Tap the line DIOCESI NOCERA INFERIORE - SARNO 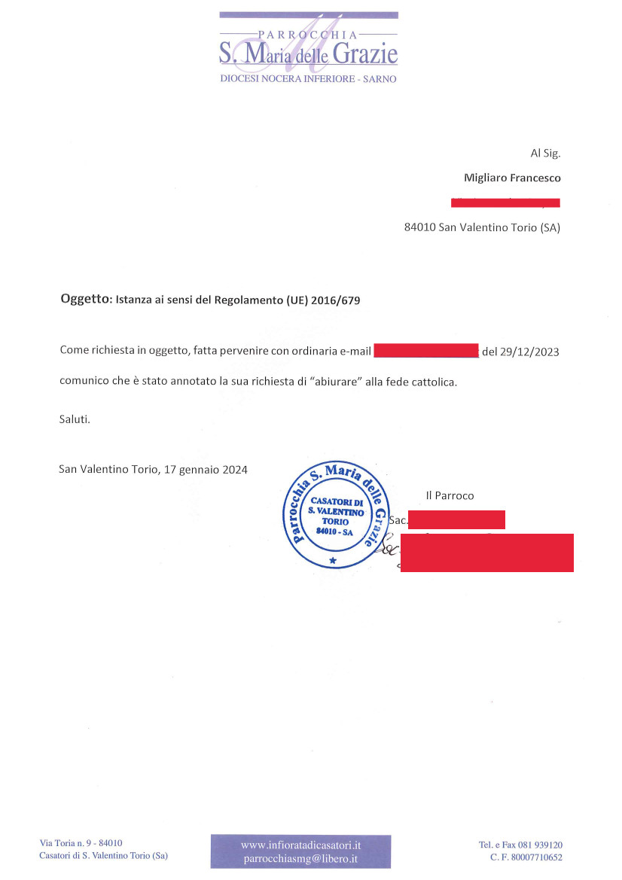coord(308,79)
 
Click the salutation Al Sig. coord(545,153)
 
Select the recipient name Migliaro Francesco coord(512,178)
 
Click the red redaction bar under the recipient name coord(505,202)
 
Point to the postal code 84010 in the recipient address coord(420,227)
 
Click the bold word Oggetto coord(84,300)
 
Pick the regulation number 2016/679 coord(336,300)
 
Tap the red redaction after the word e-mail coord(425,351)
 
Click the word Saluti coord(75,419)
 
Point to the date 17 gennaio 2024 coord(203,469)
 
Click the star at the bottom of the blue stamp coord(332,561)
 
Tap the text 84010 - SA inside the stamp coord(334,531)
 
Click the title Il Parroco coord(450,495)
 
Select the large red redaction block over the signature coord(486,553)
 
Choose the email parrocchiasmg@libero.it coord(300,858)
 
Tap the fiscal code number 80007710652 coord(535,857)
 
